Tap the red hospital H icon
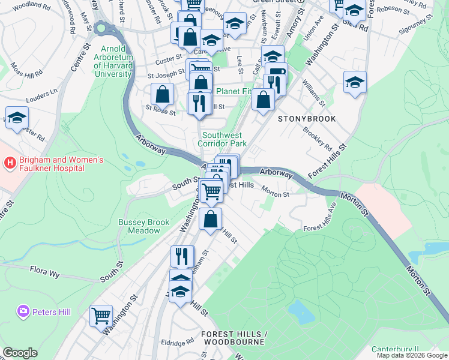[x=10, y=161]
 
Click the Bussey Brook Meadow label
[x=144, y=226]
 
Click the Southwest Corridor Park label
[x=223, y=139]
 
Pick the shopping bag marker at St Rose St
[x=162, y=94]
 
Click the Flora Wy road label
[x=46, y=271]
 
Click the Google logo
[x=20, y=353]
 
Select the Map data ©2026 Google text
[x=412, y=355]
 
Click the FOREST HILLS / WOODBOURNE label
[x=232, y=337]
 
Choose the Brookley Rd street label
[x=318, y=139]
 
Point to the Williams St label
[x=313, y=94]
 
